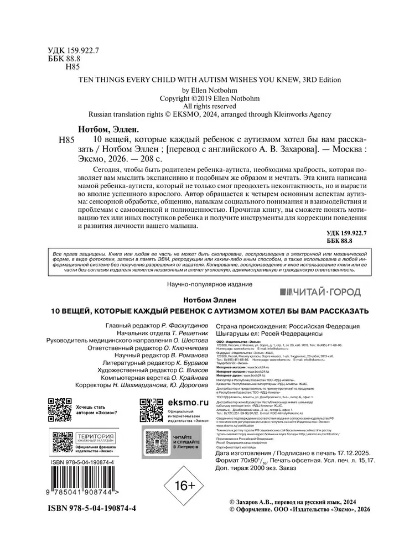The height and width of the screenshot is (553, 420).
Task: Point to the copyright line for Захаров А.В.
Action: [292, 500]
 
